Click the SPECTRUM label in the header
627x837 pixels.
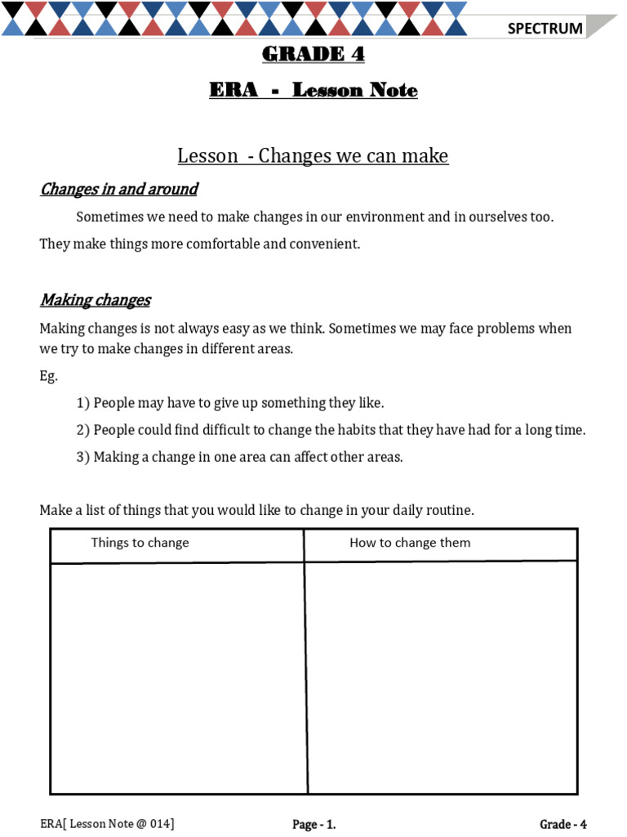point(545,29)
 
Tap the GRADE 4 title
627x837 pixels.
point(313,55)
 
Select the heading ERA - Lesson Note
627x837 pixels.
point(313,90)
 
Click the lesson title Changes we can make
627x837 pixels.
point(354,155)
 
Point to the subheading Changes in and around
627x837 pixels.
point(119,190)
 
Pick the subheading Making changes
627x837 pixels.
point(96,300)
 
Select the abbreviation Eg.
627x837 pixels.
point(49,376)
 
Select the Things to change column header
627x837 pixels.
point(140,543)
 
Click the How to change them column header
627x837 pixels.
point(410,543)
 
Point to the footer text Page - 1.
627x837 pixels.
point(314,825)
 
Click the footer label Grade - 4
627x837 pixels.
point(563,825)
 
